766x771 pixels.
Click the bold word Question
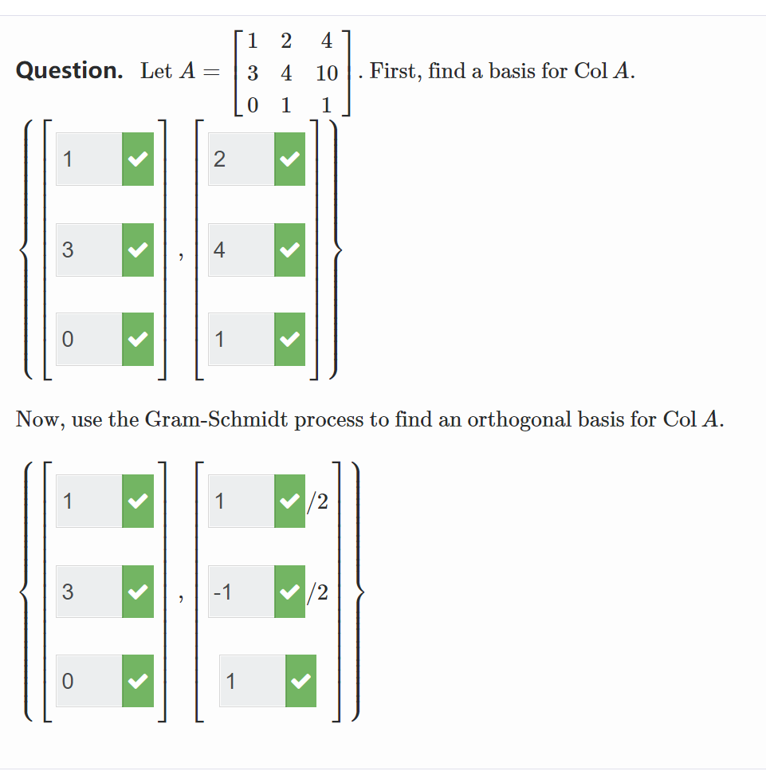69,71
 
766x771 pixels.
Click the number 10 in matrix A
327,74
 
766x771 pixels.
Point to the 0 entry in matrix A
252,105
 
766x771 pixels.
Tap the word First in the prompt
396,71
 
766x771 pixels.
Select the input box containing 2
242,159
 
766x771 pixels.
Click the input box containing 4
242,250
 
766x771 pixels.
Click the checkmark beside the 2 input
289,159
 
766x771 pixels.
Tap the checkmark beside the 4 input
289,250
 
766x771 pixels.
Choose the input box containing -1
241,592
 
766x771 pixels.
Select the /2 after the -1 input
319,592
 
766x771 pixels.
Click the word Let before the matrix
156,71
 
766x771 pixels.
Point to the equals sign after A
210,72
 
